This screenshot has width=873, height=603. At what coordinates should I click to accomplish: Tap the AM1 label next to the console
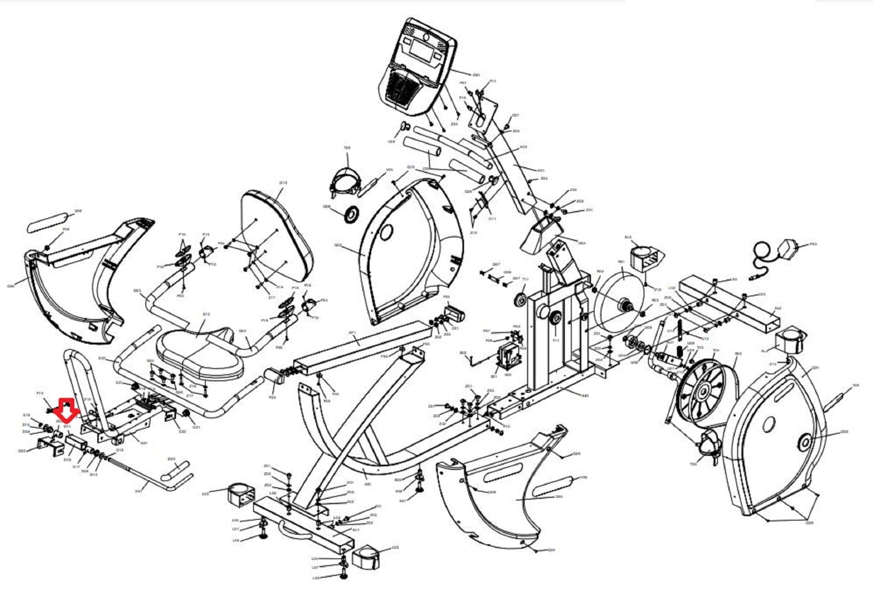[x=476, y=75]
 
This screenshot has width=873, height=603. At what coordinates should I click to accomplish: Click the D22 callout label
[x=23, y=450]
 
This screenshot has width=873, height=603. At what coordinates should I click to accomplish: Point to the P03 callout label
[x=813, y=244]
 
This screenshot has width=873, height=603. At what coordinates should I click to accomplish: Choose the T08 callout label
[x=347, y=148]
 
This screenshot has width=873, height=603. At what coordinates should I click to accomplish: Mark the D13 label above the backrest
[x=283, y=183]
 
